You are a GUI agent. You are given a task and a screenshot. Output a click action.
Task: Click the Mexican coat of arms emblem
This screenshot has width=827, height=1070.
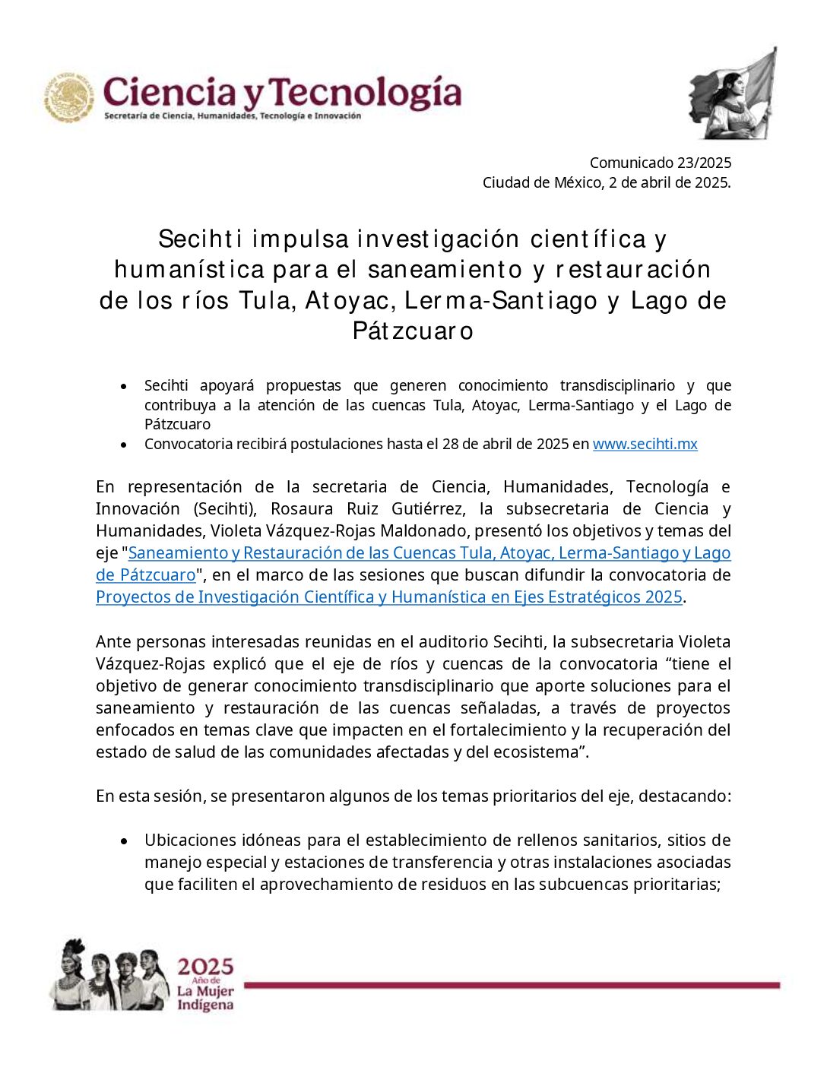tap(69, 97)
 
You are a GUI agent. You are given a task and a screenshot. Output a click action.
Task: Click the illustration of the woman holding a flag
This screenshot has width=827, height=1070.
tap(734, 95)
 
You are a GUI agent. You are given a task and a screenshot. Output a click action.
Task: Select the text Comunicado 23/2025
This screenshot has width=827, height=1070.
tap(660, 163)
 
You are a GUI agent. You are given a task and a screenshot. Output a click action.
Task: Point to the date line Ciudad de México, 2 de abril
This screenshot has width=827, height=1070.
tap(606, 182)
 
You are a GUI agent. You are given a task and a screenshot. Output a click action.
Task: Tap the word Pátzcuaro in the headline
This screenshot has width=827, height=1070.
tap(413, 331)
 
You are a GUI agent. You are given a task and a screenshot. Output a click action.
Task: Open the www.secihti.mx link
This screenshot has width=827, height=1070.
tap(645, 444)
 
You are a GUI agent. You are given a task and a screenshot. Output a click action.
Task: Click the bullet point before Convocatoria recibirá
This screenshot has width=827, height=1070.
tap(124, 445)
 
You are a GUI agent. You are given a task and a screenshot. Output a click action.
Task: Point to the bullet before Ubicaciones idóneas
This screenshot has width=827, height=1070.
tap(124, 840)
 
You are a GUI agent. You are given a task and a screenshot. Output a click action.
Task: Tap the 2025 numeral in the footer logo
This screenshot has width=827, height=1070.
tap(205, 967)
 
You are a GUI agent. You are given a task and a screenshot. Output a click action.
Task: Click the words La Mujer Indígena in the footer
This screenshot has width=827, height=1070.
tap(205, 999)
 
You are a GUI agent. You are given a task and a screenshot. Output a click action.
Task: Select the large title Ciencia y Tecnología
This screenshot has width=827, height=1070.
tap(282, 93)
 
